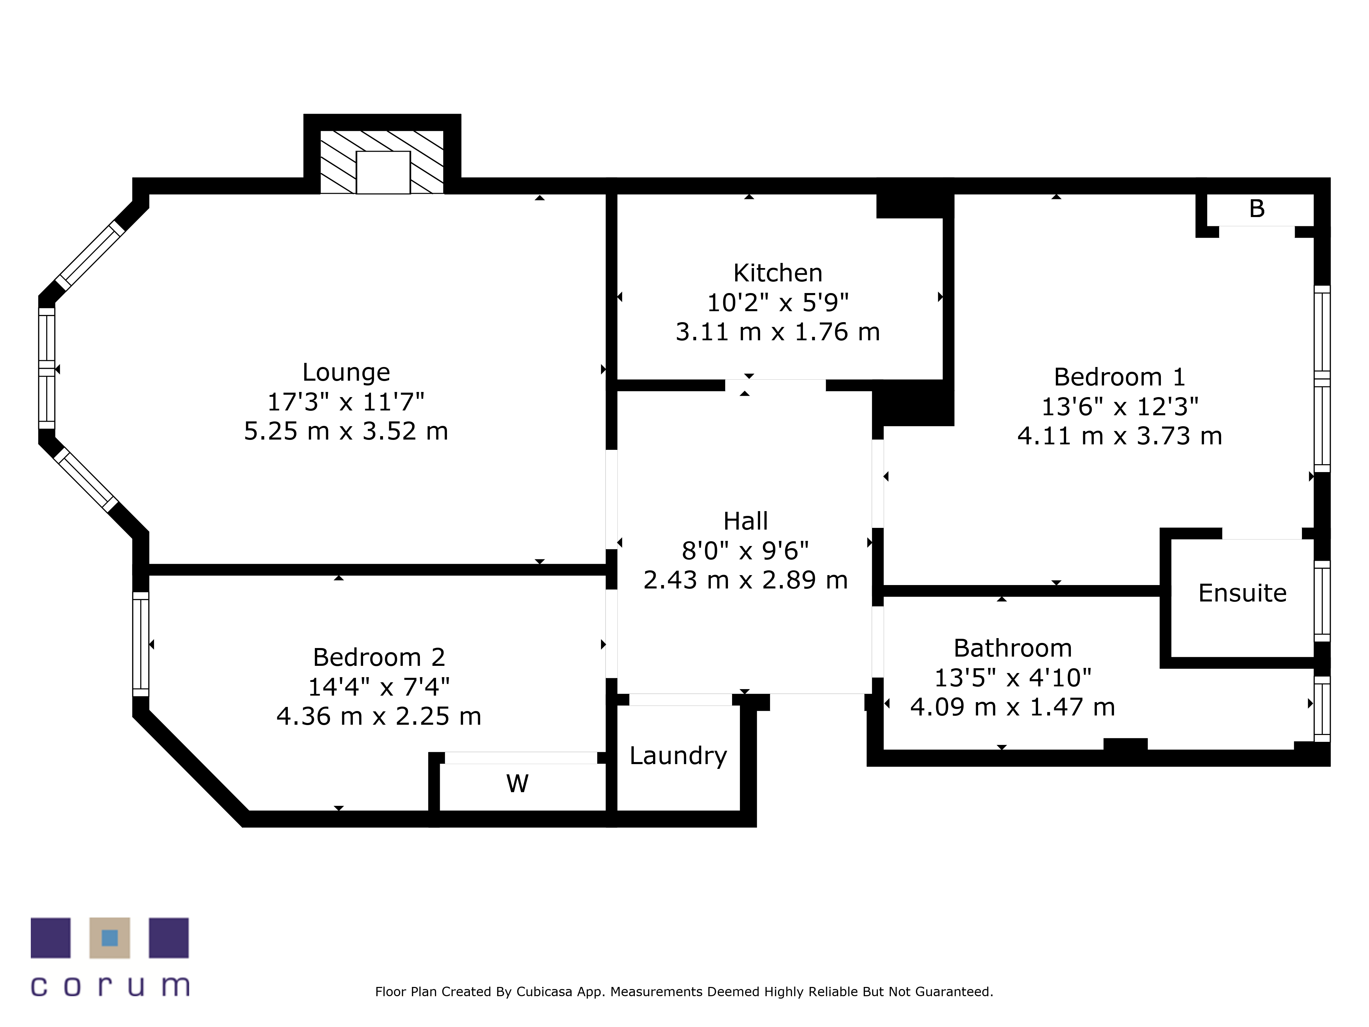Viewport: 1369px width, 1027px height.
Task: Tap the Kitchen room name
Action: coord(778,273)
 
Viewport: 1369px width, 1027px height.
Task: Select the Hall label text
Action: coord(746,521)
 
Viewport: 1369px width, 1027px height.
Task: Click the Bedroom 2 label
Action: coord(379,657)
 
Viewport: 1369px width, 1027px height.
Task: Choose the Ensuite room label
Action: coord(1242,593)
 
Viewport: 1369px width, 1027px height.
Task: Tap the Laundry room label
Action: coord(678,756)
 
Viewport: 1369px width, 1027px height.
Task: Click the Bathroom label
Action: coord(1012,648)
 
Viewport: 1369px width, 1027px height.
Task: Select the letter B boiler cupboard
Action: coord(1256,208)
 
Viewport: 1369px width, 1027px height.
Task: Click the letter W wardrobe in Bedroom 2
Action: coord(517,784)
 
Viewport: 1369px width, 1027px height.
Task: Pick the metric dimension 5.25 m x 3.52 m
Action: coord(346,431)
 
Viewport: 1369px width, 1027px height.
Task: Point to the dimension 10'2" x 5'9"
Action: coord(778,303)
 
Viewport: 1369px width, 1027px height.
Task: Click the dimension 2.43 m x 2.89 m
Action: coord(746,580)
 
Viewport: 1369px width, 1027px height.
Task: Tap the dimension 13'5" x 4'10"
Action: coord(1012,678)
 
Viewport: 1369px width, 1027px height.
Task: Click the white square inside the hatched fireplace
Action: coord(383,172)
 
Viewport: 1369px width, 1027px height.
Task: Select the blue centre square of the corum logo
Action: coord(110,938)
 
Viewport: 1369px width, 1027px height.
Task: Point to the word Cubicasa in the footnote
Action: coord(545,992)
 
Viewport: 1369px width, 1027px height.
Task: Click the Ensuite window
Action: coord(1322,601)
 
